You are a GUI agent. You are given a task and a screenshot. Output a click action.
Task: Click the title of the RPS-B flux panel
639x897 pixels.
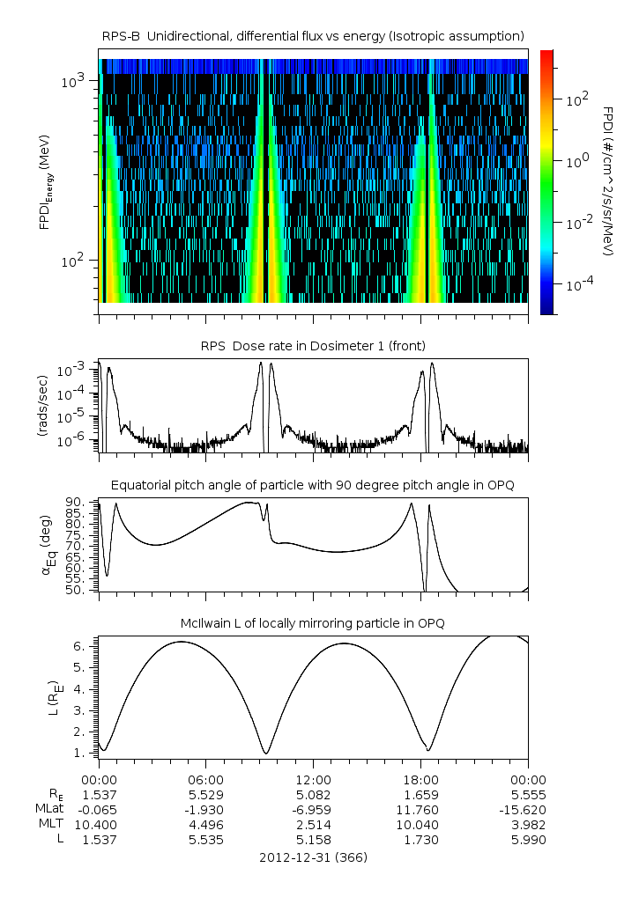[x=313, y=35]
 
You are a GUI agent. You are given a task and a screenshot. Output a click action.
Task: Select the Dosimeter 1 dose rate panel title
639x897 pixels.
[x=313, y=345]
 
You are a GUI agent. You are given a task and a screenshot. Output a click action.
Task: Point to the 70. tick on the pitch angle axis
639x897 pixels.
[x=81, y=546]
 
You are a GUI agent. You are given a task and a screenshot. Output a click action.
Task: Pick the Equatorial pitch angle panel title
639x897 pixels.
[x=313, y=485]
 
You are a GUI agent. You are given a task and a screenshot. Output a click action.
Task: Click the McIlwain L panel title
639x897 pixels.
[x=313, y=623]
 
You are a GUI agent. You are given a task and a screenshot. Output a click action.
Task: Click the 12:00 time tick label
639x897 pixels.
[x=313, y=780]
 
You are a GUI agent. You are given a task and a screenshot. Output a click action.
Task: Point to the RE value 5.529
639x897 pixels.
[x=206, y=795]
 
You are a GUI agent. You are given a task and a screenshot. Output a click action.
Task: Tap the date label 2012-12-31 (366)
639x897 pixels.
[x=313, y=857]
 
